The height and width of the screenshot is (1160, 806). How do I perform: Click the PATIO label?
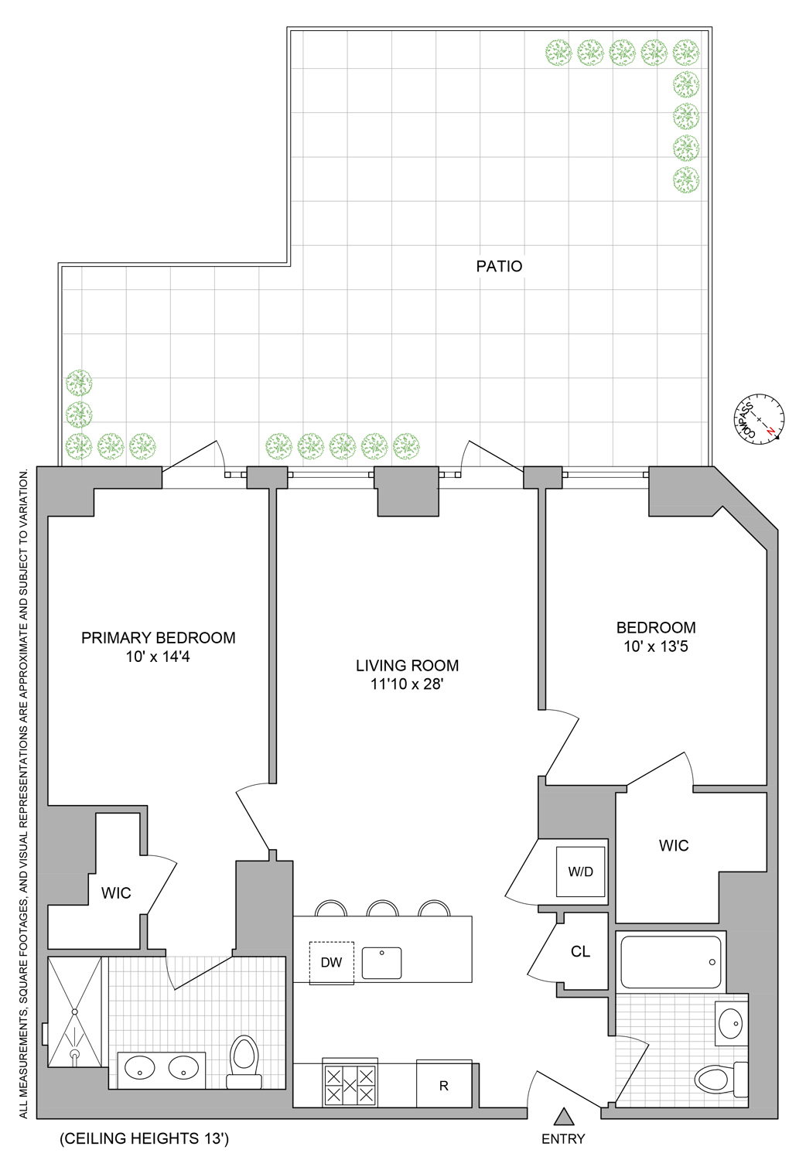pyautogui.click(x=499, y=266)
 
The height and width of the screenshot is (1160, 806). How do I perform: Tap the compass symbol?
pyautogui.click(x=760, y=419)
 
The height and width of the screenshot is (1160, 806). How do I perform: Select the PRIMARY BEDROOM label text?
pyautogui.click(x=158, y=638)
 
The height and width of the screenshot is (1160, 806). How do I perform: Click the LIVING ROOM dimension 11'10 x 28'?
pyautogui.click(x=407, y=684)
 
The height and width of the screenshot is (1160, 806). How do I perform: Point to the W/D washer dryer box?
pyautogui.click(x=580, y=872)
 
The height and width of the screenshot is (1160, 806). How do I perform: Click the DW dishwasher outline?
pyautogui.click(x=331, y=963)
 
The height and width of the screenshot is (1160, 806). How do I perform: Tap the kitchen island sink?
pyautogui.click(x=381, y=963)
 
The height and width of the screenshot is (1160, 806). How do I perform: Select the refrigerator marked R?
pyautogui.click(x=444, y=1085)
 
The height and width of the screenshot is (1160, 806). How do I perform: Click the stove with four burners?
pyautogui.click(x=350, y=1084)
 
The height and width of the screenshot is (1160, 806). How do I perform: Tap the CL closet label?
pyautogui.click(x=581, y=952)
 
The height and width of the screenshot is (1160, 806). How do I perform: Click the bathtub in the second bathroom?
pyautogui.click(x=671, y=962)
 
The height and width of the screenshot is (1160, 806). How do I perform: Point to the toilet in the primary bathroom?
pyautogui.click(x=244, y=1061)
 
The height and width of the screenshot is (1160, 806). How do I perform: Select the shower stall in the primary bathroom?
pyautogui.click(x=75, y=1012)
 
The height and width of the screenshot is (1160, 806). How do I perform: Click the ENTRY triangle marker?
pyautogui.click(x=564, y=1116)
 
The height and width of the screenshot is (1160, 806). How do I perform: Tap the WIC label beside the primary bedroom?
pyautogui.click(x=116, y=893)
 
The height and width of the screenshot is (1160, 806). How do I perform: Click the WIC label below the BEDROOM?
pyautogui.click(x=673, y=846)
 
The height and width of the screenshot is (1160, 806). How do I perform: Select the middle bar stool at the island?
pyautogui.click(x=382, y=909)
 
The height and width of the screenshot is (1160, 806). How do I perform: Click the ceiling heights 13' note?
pyautogui.click(x=145, y=1138)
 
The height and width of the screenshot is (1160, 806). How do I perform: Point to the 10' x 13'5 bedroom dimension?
pyautogui.click(x=656, y=647)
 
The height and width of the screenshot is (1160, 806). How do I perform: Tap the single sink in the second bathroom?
pyautogui.click(x=730, y=1024)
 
